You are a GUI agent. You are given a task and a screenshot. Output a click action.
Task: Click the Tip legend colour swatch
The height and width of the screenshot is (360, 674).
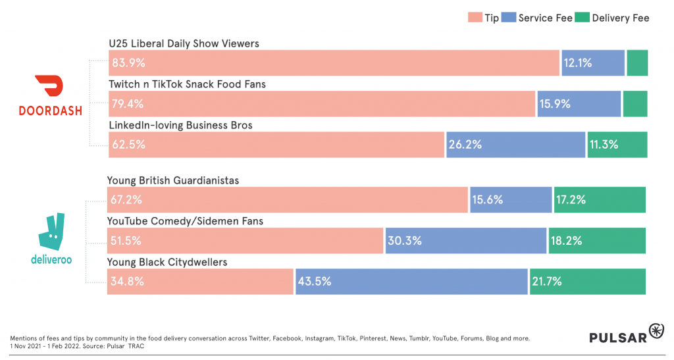(474, 18)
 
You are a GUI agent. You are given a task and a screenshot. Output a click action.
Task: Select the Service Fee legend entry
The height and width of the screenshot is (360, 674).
(536, 18)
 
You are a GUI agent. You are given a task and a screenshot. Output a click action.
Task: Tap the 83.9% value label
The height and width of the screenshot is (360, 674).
(128, 63)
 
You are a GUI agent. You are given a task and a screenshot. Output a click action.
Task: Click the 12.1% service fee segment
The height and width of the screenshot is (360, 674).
(592, 63)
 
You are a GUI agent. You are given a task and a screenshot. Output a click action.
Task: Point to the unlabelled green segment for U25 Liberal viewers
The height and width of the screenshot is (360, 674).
(637, 63)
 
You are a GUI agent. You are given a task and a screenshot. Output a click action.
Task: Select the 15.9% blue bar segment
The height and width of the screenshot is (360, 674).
(579, 104)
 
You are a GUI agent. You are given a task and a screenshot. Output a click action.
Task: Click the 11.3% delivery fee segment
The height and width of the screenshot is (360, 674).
(617, 145)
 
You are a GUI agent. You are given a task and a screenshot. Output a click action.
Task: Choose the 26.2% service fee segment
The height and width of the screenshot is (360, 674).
(515, 145)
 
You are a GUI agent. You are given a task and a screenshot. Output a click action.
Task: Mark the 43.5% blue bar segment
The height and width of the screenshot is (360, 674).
(411, 281)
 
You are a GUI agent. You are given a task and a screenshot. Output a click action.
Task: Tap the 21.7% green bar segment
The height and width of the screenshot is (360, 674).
(587, 281)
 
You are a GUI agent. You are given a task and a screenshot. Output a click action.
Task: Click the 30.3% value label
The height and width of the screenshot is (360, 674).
(404, 241)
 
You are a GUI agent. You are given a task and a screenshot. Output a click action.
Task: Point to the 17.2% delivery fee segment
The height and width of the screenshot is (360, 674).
(600, 199)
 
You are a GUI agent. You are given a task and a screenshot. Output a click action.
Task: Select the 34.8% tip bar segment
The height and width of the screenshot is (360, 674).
(200, 281)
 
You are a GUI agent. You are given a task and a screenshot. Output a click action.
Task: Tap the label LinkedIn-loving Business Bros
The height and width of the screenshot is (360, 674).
(180, 125)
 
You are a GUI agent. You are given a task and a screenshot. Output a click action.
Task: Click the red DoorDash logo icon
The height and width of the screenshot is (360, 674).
(50, 86)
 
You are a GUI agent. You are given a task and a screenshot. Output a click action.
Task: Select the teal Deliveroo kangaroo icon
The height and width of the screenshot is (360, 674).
(51, 230)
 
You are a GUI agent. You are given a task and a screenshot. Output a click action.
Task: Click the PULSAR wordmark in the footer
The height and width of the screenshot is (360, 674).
(617, 337)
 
